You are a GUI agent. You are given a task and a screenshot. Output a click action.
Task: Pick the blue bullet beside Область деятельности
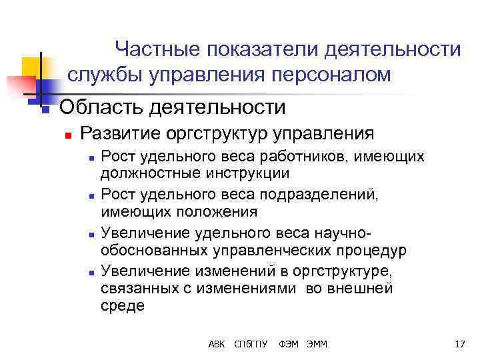point(45,109)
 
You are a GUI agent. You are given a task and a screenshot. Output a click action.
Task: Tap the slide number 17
point(459,344)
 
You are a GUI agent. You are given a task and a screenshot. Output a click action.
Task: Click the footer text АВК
point(217,344)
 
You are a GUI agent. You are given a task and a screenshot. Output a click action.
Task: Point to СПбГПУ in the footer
point(251,344)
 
